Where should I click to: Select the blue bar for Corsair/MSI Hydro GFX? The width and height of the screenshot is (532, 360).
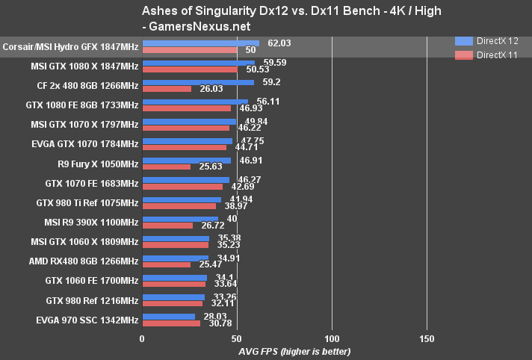(x=200, y=44)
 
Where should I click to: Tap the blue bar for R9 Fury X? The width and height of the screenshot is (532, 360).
(x=186, y=159)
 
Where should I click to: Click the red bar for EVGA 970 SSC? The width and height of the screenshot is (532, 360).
(x=171, y=323)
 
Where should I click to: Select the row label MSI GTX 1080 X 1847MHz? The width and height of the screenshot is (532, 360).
(x=84, y=66)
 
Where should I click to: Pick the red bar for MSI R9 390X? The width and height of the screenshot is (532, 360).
(x=167, y=225)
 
